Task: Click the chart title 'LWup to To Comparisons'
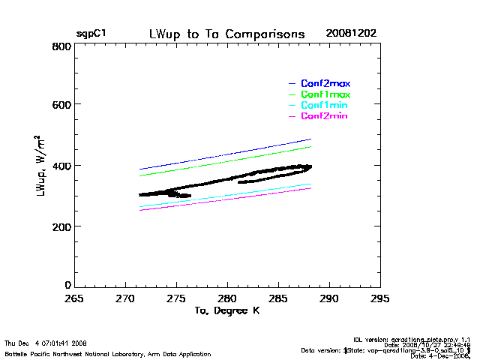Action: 226,34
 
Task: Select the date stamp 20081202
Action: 351,34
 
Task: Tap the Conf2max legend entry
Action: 325,83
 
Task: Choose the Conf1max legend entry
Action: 325,95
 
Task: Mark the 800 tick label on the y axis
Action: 61,46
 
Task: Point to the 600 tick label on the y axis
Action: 61,106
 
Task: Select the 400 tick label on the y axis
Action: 61,166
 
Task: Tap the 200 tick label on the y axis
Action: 61,226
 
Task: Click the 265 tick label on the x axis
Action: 73,298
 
